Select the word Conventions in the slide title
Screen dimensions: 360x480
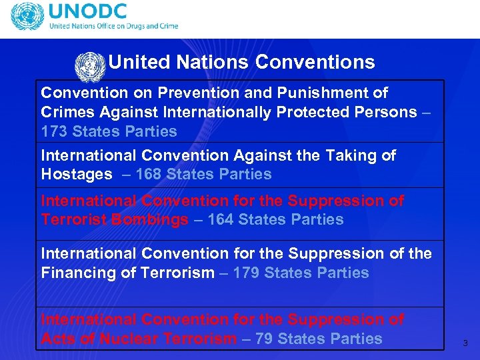click(x=315, y=63)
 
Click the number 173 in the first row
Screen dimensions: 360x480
click(x=54, y=131)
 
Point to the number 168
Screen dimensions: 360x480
click(x=148, y=175)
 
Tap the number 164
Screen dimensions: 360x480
click(x=221, y=220)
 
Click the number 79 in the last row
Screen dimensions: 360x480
click(x=264, y=339)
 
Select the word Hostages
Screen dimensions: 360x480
click(x=77, y=175)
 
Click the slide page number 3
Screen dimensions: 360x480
click(x=465, y=343)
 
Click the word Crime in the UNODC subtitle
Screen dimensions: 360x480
click(x=167, y=26)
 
